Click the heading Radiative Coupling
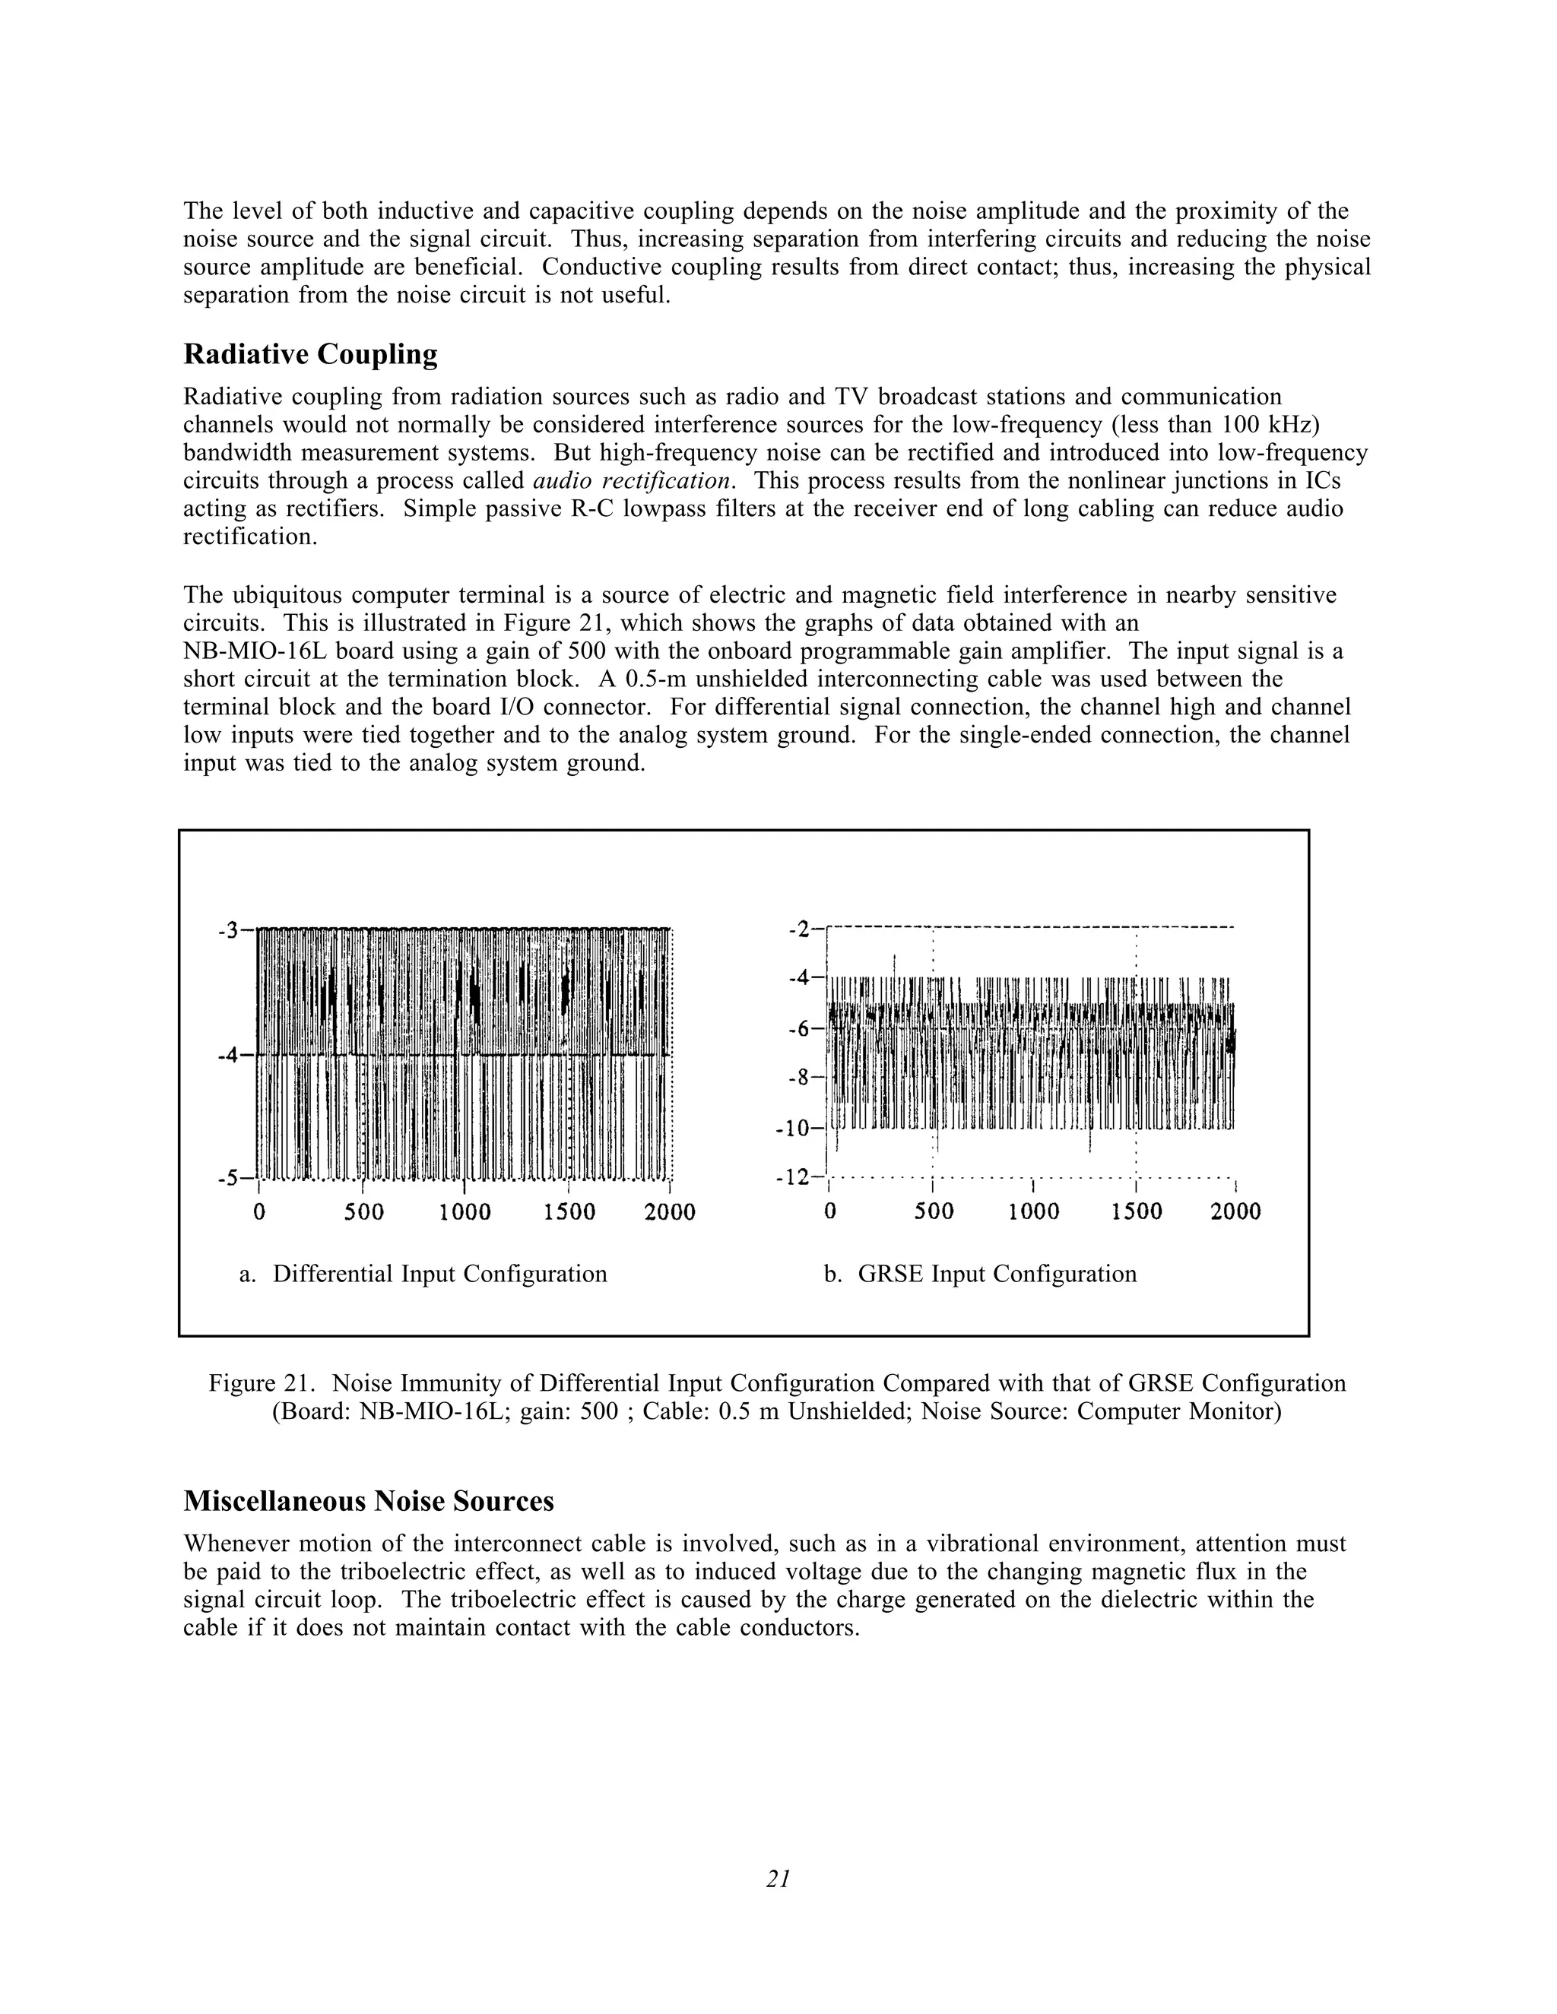[x=310, y=355]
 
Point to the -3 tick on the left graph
[x=229, y=929]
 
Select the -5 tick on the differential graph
[x=229, y=1177]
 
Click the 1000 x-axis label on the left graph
[x=465, y=1211]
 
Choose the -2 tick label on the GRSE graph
[x=800, y=929]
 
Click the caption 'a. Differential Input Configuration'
[x=423, y=1274]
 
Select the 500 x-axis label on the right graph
[x=934, y=1211]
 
